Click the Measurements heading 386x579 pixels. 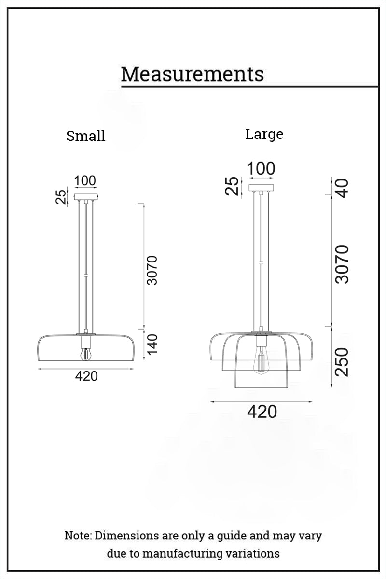point(193,74)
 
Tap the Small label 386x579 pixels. point(86,136)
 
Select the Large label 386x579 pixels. point(264,135)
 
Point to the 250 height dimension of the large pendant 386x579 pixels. point(342,361)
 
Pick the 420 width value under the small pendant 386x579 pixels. point(86,376)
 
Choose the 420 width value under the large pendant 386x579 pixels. point(262,412)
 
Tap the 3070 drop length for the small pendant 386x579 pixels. point(152,270)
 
